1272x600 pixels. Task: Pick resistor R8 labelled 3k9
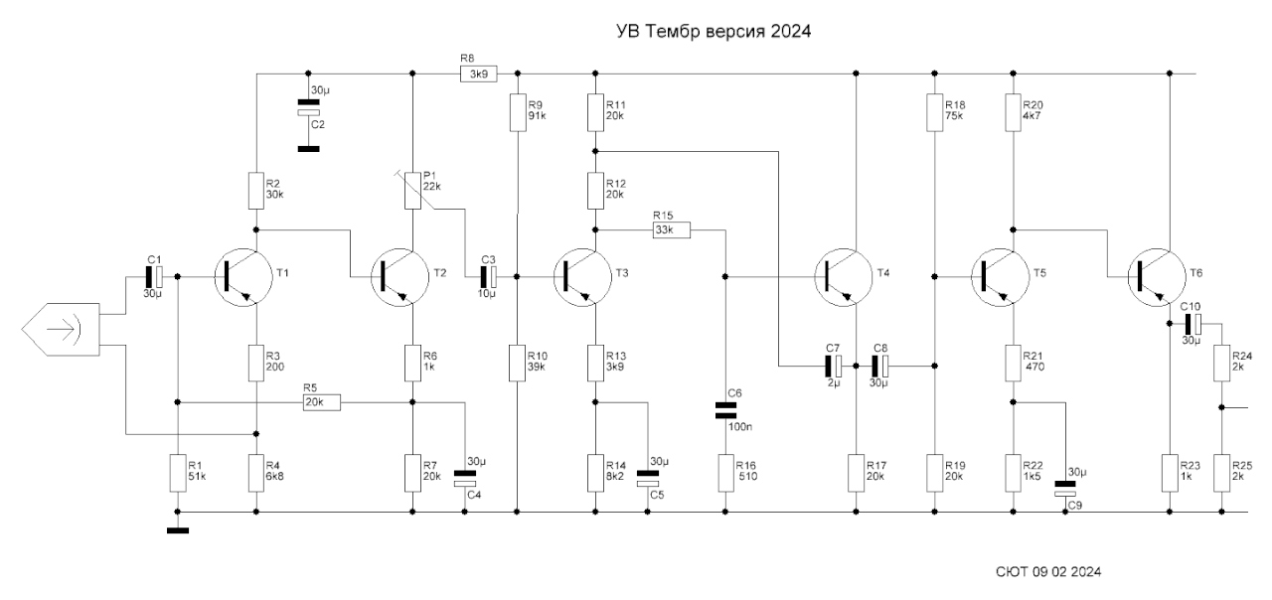tap(478, 73)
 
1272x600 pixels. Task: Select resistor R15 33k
tap(672, 229)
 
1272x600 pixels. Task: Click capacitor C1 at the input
tap(154, 272)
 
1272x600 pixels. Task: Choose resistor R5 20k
tap(321, 402)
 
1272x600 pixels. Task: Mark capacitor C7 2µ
tap(833, 365)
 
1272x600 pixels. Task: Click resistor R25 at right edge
tap(1221, 474)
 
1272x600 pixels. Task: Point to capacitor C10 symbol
tap(1192, 323)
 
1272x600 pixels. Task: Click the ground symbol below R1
tap(178, 529)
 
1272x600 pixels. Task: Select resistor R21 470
tap(1013, 364)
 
